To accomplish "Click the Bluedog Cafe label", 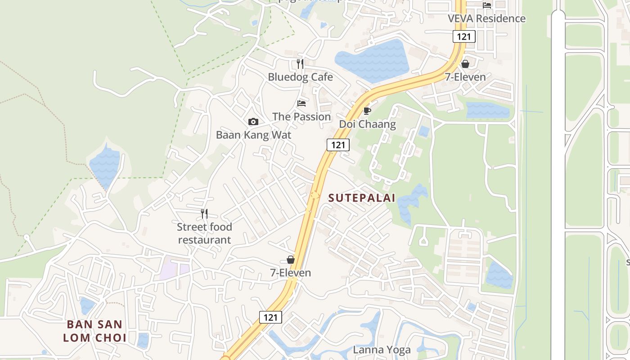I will coord(300,77).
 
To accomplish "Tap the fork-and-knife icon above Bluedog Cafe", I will coord(300,64).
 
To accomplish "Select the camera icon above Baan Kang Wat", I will coord(253,121).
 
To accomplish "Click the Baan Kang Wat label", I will coord(253,135).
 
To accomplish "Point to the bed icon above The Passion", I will coord(301,103).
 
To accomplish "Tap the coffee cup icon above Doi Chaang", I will coord(367,111).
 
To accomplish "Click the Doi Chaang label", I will coord(367,124).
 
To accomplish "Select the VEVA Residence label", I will coord(486,18).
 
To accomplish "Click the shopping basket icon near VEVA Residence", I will coord(465,64).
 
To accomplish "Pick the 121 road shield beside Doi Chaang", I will coord(338,144).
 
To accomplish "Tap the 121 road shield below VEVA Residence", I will coord(464,36).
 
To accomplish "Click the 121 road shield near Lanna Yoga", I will coord(270,317).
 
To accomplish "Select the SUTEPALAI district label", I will coord(361,198).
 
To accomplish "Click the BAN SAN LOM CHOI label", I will coord(94,331).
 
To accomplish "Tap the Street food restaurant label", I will coord(204,233).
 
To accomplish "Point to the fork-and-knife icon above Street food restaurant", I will coord(204,213).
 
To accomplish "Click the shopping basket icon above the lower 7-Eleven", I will coord(291,260).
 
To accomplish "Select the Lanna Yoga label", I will coord(382,350).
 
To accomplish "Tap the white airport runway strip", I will coord(558,180).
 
